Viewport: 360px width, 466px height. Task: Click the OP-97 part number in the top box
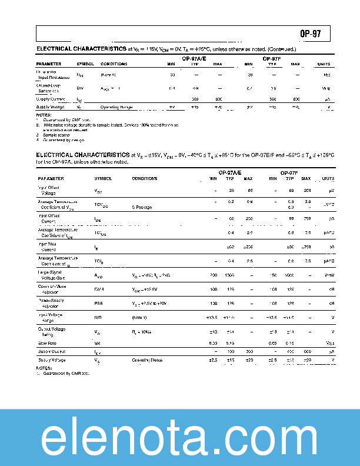point(311,33)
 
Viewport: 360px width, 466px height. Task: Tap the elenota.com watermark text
point(179,438)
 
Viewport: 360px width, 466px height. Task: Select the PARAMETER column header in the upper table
point(48,64)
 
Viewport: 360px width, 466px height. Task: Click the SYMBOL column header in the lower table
point(103,178)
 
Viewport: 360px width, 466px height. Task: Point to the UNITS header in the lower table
point(328,178)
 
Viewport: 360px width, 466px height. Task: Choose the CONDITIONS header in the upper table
point(114,64)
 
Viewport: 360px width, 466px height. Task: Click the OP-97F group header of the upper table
point(271,58)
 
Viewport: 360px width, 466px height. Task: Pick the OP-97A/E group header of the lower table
point(230,172)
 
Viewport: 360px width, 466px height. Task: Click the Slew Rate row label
point(48,342)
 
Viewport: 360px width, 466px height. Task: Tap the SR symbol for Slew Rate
point(97,342)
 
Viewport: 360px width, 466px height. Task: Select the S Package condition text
point(144,207)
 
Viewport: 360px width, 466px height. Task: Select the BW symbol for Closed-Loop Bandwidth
point(80,88)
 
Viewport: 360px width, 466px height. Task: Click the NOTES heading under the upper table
point(43,115)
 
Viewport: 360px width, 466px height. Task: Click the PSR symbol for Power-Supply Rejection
point(99,304)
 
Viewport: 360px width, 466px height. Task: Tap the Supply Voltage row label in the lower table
point(51,360)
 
